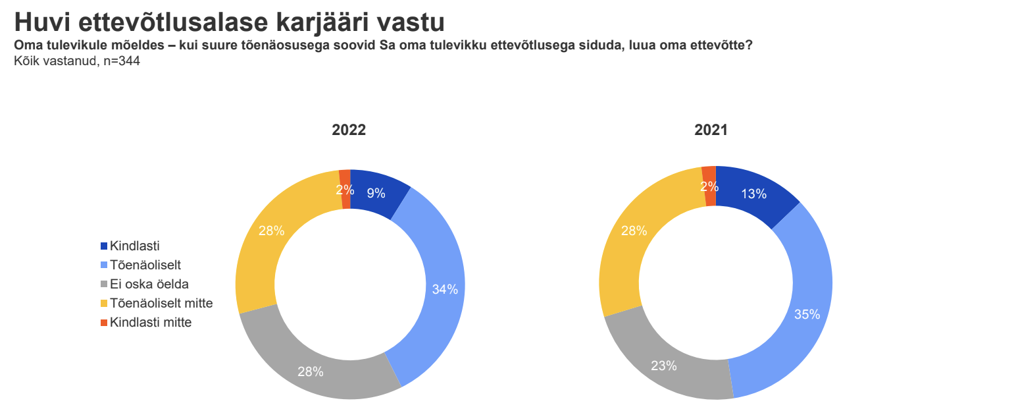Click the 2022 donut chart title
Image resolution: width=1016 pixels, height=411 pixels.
348,130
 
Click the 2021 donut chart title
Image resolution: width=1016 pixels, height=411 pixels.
711,130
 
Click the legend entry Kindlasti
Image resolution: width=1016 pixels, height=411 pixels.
135,246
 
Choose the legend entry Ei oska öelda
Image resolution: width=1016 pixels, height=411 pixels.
149,285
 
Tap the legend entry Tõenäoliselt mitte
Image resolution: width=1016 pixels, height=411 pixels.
161,304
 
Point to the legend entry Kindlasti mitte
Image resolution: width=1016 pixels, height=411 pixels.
151,323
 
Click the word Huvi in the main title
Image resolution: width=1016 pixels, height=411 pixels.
41,22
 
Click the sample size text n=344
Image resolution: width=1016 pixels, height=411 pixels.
122,61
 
